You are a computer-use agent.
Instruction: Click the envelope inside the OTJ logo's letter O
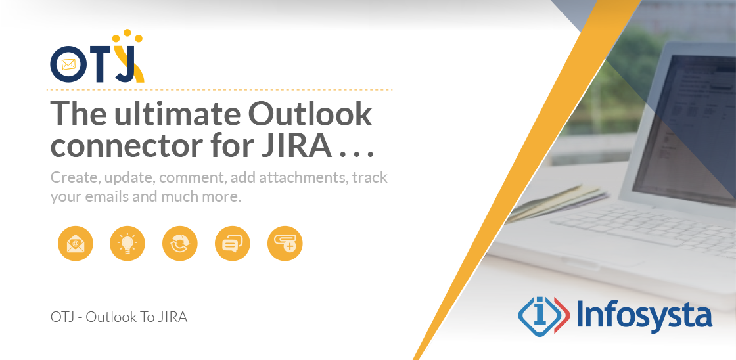coord(68,64)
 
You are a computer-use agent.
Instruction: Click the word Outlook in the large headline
coord(310,114)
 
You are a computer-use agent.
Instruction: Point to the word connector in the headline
coord(122,145)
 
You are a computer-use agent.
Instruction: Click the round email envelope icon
coord(76,244)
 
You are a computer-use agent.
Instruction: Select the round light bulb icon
coord(127,244)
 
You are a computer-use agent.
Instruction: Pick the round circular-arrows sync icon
coord(180,244)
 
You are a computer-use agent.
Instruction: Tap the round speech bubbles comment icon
coord(233,244)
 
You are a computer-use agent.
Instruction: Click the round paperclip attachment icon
coord(285,244)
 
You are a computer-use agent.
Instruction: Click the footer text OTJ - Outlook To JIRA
coord(119,317)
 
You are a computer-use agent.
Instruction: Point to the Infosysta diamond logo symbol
coord(543,315)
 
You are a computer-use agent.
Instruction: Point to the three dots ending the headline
coord(357,154)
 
